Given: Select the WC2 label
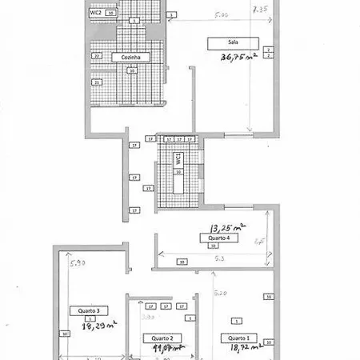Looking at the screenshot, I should (x=94, y=14).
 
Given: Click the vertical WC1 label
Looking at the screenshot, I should (x=178, y=160).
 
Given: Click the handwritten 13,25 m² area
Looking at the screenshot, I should (x=226, y=227).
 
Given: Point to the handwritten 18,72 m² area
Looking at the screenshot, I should (x=247, y=350).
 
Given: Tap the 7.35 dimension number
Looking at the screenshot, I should (x=258, y=10).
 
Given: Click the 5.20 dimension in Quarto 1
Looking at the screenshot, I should (x=221, y=294).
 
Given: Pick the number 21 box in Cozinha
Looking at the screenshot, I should (x=97, y=82).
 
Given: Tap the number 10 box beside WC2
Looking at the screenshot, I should (x=110, y=14).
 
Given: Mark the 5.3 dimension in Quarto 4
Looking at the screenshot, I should (x=218, y=258).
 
